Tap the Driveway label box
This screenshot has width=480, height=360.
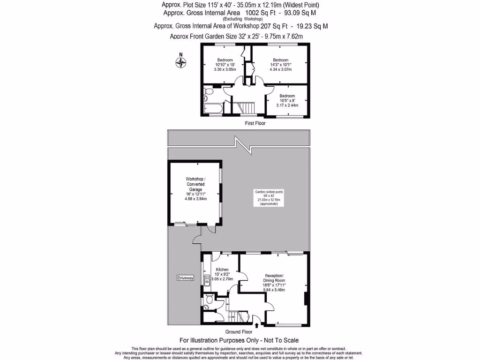coord(185,278)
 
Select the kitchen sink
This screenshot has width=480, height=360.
coord(206,281)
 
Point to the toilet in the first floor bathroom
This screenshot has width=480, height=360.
coord(207,95)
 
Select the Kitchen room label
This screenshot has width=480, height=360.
coord(222,270)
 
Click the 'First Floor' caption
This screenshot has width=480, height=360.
coord(255,123)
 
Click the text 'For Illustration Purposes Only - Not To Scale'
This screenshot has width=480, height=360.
coord(239,340)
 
